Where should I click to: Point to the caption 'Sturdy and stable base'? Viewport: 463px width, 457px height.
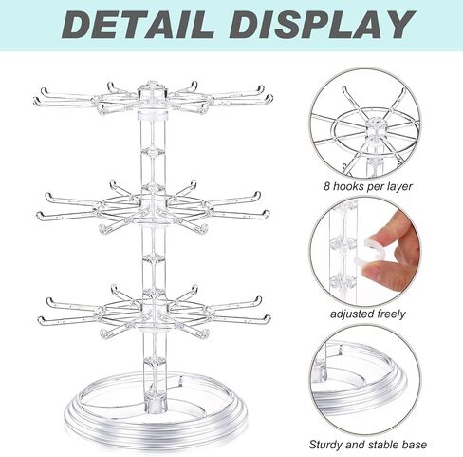[368, 444]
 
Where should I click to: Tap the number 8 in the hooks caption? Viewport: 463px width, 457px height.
[326, 186]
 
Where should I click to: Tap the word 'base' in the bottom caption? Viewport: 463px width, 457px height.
[413, 444]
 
